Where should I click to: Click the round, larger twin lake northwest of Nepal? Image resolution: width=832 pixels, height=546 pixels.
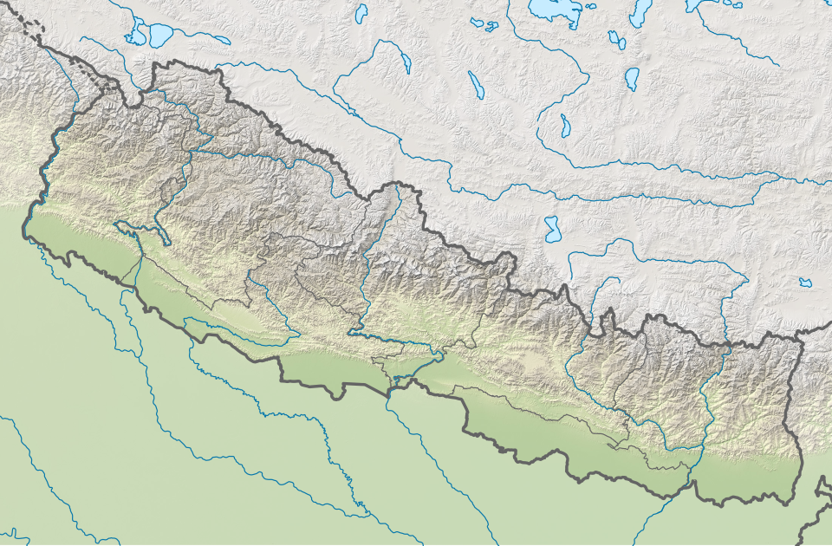coord(161,35)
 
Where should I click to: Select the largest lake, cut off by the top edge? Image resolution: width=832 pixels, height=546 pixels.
coord(552,9)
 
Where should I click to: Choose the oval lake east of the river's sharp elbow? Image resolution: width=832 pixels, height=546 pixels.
coord(632,79)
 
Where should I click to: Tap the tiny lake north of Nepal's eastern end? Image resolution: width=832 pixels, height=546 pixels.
coord(806,282)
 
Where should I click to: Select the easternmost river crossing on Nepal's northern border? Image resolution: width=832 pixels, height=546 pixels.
coord(725,344)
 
